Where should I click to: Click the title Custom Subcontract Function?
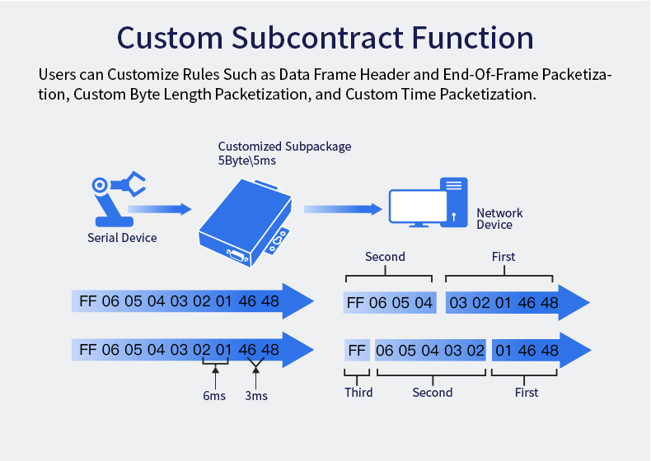point(325,38)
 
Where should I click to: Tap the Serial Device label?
point(122,238)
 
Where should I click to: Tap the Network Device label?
point(499,219)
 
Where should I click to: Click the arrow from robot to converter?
point(160,210)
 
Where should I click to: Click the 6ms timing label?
point(214,396)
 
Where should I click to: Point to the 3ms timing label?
point(255,396)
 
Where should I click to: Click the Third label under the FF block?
point(358,393)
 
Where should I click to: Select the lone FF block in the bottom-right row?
point(357,351)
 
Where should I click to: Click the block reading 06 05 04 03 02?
point(429,351)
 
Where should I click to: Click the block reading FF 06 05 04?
point(389,303)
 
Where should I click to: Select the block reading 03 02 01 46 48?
point(503,303)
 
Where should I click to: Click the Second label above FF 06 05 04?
point(385,257)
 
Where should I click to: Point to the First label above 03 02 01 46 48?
point(503,257)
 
